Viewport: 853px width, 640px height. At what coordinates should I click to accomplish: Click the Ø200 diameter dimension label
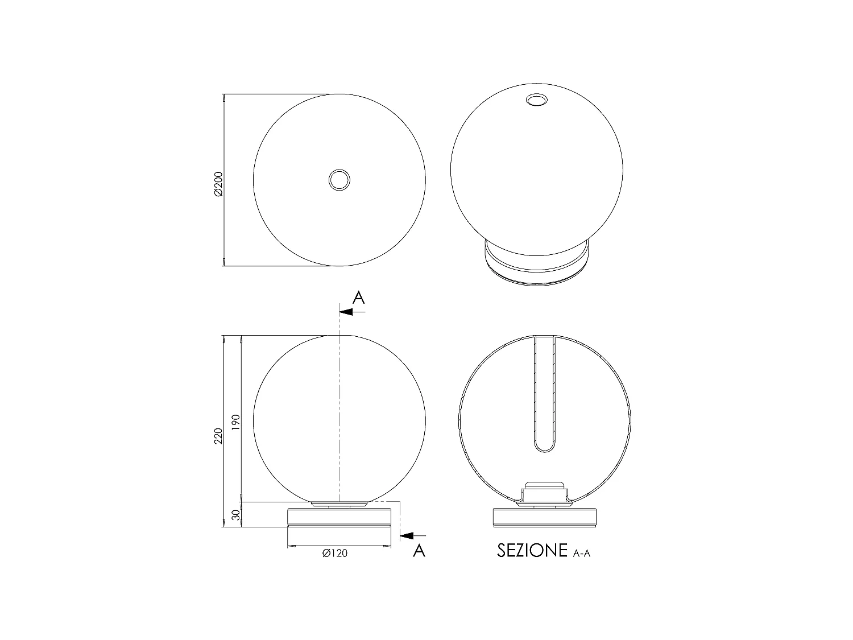click(219, 184)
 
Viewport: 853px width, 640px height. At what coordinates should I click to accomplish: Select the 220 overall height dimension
click(219, 436)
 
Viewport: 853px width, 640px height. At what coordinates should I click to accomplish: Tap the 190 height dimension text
click(236, 422)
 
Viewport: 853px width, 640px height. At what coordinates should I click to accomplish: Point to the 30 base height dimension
click(236, 515)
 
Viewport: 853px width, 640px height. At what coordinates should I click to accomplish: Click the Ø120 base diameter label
click(334, 553)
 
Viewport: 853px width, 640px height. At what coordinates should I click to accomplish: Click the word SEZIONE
click(532, 551)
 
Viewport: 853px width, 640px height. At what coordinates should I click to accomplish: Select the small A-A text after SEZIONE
click(582, 554)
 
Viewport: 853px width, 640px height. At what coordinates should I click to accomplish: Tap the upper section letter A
click(359, 298)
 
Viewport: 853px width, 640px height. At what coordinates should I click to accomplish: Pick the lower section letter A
click(419, 551)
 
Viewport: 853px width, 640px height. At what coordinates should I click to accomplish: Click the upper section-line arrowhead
click(346, 312)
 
